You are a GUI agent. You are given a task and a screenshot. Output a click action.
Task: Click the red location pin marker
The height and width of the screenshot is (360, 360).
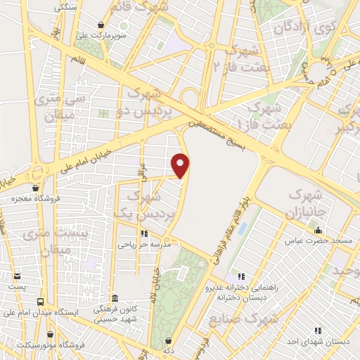pos(181,165)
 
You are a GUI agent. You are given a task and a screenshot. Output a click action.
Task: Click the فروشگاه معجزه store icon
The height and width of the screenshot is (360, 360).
pos(36,188)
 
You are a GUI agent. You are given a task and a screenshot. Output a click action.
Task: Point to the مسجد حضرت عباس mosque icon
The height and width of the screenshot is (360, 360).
pos(318,230)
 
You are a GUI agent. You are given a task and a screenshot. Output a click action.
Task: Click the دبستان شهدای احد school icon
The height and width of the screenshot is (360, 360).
pos(317,329)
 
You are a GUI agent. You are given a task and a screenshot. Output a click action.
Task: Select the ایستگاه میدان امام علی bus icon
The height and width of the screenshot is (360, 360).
pos(40,301)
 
